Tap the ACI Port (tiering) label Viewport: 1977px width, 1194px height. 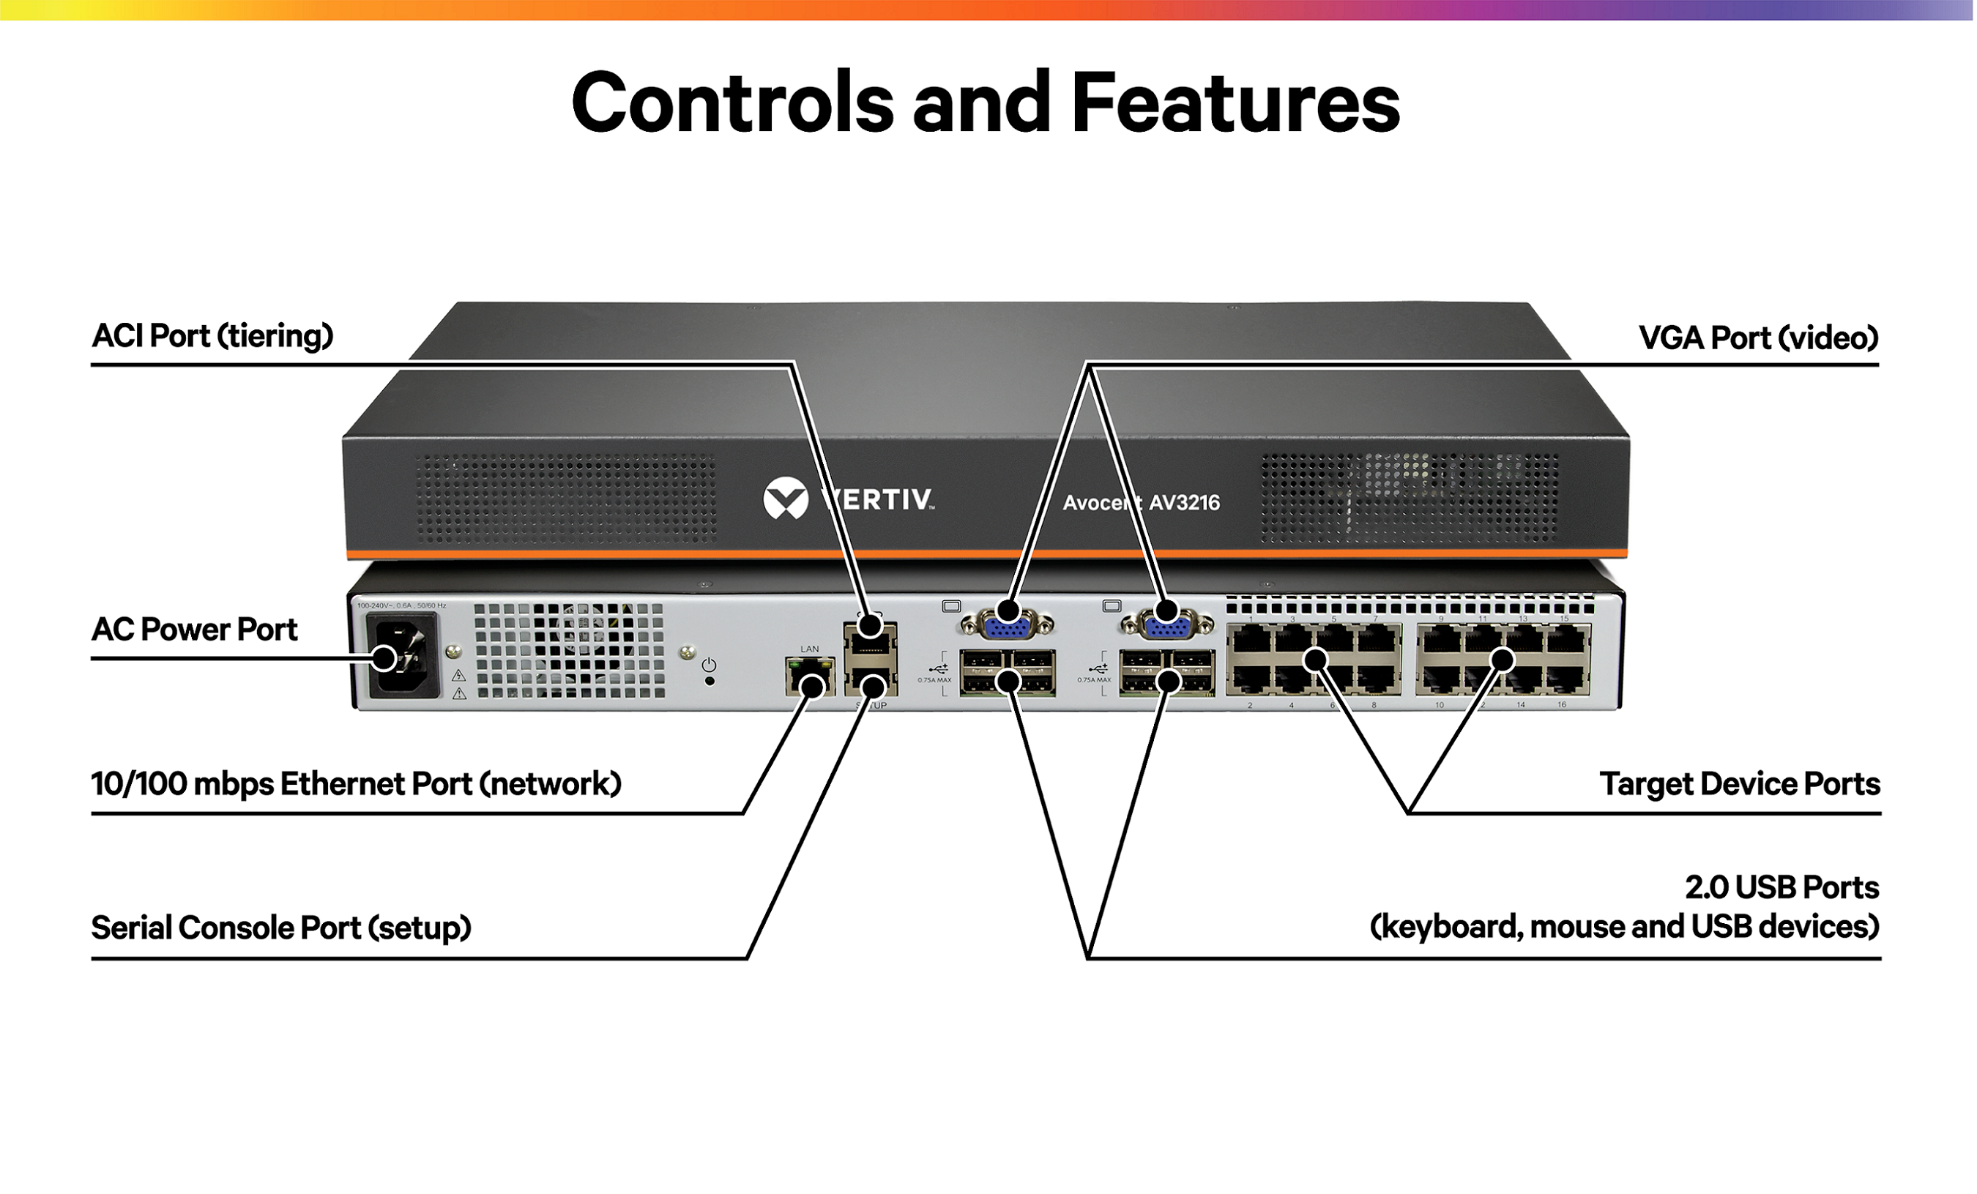tap(212, 336)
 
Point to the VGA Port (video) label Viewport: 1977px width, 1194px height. tap(1758, 337)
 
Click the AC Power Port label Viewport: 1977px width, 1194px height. tap(194, 630)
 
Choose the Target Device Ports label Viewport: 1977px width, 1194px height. tap(1740, 784)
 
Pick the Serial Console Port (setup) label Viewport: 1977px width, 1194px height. tap(281, 928)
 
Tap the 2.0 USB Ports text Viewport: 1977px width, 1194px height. tap(1781, 887)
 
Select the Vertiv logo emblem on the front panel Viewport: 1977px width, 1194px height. tap(786, 499)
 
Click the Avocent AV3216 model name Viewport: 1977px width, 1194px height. tap(1141, 503)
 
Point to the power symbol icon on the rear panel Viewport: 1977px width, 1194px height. tap(710, 665)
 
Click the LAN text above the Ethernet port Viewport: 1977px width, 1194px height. tap(810, 649)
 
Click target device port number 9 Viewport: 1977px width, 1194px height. tap(1442, 640)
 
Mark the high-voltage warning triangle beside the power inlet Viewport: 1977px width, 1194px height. tap(459, 676)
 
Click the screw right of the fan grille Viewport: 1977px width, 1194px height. tap(686, 651)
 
